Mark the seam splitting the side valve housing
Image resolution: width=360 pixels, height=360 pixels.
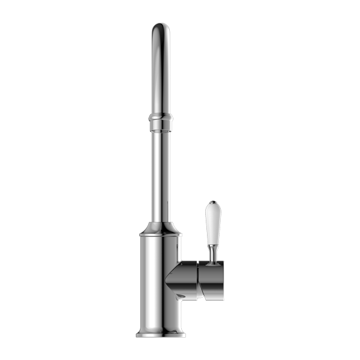pyautogui.click(x=199, y=282)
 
